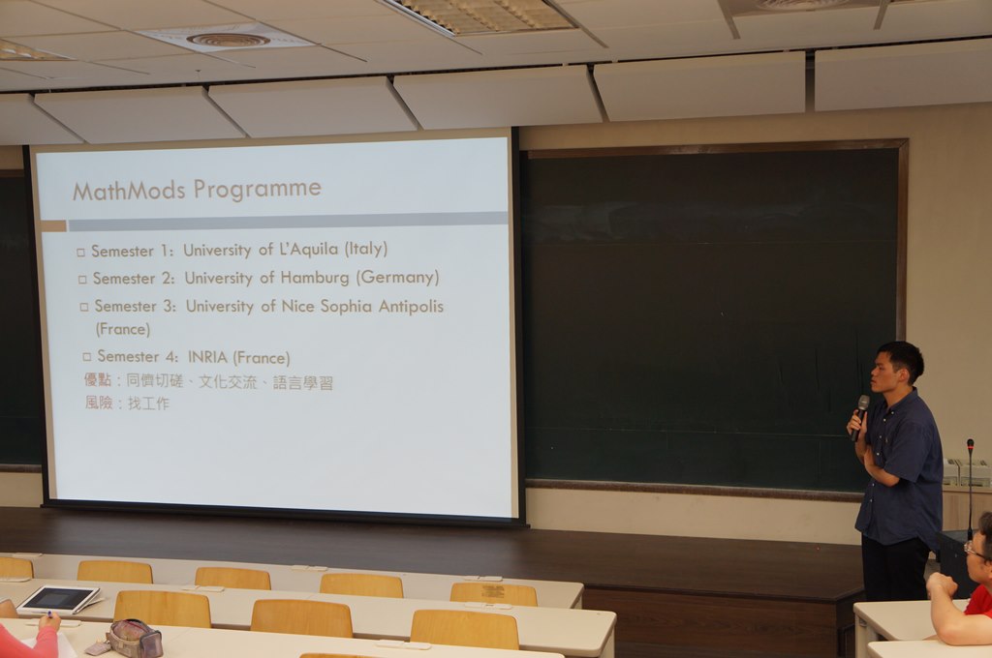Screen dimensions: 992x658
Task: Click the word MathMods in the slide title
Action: coord(129,191)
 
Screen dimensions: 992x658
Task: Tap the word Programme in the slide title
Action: coord(258,190)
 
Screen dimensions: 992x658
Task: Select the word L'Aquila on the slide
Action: coord(309,249)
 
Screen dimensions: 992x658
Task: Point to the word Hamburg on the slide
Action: coord(315,278)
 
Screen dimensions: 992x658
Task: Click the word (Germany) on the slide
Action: coord(397,278)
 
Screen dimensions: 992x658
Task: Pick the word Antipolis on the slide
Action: coord(411,307)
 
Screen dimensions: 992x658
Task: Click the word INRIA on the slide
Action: coord(207,357)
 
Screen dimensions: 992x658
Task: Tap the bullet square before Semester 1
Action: coord(80,253)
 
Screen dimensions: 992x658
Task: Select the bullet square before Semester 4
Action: coord(86,358)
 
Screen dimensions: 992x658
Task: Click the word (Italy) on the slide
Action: coord(365,249)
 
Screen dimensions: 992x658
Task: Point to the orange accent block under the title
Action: coord(54,225)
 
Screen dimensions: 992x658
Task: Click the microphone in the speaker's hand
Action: coord(860,416)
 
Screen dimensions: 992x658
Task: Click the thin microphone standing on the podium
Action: coord(970,488)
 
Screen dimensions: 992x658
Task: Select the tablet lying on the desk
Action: coord(58,600)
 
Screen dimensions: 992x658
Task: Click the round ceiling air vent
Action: coord(229,41)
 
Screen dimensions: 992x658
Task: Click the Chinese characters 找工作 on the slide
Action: coord(148,404)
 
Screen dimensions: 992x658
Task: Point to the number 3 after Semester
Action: coord(169,307)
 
